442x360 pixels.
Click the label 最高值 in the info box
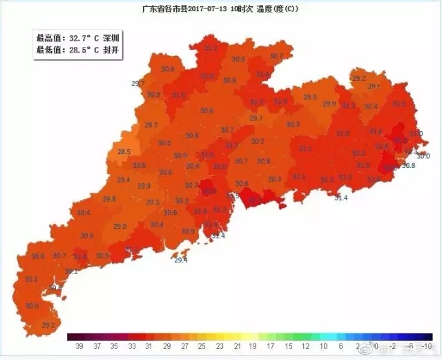pos(48,38)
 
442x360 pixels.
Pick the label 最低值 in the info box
pos(48,50)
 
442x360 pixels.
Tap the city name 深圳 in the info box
pos(111,38)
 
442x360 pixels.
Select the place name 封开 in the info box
pos(111,50)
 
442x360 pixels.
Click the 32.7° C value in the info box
pos(81,38)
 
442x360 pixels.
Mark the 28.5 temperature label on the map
pos(124,152)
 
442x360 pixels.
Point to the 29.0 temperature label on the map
pos(120,227)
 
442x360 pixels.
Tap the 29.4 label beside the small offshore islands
pos(180,260)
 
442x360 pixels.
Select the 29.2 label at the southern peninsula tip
pos(48,325)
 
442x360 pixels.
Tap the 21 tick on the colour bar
pos(237,345)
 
